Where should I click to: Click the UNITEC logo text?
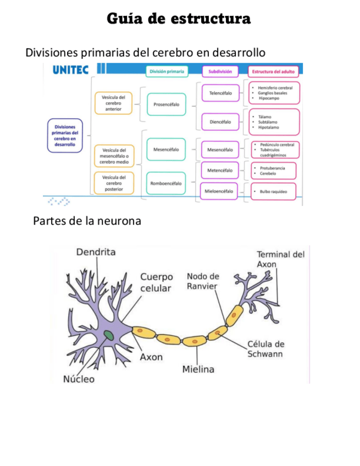click(70, 70)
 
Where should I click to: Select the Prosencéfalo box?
click(166, 104)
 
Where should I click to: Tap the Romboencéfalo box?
click(166, 183)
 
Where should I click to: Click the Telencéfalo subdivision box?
click(220, 93)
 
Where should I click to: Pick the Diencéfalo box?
click(220, 121)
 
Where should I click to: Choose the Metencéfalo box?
click(220, 171)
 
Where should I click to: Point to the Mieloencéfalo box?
click(220, 191)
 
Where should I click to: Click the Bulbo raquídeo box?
click(273, 191)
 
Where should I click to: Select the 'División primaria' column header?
click(167, 71)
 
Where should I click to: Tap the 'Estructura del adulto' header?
click(273, 71)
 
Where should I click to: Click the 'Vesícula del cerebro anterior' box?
click(113, 103)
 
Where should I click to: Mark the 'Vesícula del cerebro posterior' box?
click(113, 183)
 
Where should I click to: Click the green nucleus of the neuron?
click(110, 334)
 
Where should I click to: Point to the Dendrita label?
click(96, 252)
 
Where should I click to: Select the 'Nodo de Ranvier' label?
click(203, 281)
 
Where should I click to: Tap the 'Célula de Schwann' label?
click(265, 349)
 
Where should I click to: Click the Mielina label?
click(198, 369)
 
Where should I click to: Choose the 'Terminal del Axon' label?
click(280, 259)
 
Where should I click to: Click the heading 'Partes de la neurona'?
click(87, 221)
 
